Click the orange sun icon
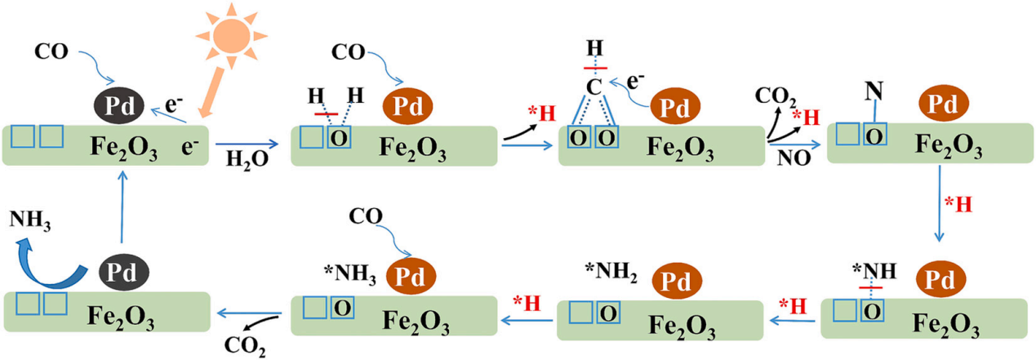point(231,36)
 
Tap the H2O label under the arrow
point(247,160)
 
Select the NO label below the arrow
point(794,158)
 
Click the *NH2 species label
point(611,271)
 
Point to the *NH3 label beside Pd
point(349,273)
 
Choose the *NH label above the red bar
point(874,271)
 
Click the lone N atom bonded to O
point(874,91)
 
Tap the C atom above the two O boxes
point(594,87)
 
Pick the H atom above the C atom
point(595,48)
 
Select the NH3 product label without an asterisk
point(29,220)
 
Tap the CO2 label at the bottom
point(245,346)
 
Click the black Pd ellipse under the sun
point(119,105)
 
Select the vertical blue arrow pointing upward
point(122,207)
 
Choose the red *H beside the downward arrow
point(958,204)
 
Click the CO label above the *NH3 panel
point(366,216)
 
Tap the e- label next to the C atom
point(635,82)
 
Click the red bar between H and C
point(595,69)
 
